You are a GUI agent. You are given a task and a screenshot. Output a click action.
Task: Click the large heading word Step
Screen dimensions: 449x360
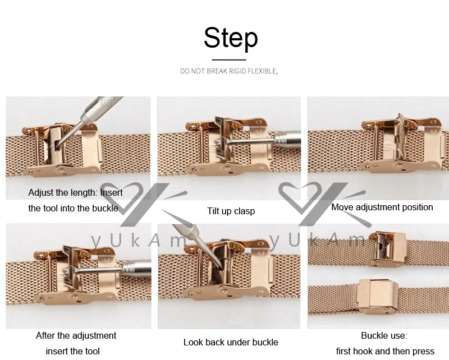[231, 38]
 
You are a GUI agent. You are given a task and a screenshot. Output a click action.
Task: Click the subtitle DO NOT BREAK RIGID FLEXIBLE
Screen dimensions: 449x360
[229, 71]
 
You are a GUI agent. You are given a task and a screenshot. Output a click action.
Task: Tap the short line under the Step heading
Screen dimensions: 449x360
[229, 60]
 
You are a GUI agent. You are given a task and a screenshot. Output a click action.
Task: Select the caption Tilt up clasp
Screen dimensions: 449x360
[231, 211]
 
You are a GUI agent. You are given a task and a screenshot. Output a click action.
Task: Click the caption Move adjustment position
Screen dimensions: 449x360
[382, 207]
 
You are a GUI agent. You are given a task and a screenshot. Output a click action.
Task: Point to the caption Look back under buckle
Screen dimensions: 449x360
[231, 342]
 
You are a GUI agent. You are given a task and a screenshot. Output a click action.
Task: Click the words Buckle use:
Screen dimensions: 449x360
[384, 335]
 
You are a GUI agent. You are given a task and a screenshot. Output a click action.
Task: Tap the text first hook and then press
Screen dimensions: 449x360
[385, 351]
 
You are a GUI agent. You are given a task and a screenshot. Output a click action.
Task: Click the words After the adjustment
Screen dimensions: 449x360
[76, 335]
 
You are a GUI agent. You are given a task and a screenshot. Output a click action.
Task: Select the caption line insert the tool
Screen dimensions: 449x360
[73, 351]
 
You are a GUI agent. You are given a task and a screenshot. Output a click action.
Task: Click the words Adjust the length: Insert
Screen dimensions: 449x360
[75, 192]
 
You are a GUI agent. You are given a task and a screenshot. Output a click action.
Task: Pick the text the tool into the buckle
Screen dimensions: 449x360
[73, 208]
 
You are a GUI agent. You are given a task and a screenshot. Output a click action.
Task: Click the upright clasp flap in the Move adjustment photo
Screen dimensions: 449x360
[401, 135]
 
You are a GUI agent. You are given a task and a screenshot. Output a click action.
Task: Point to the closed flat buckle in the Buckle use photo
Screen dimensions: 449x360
[377, 296]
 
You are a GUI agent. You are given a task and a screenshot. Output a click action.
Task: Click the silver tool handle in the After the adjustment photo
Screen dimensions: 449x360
[137, 269]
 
